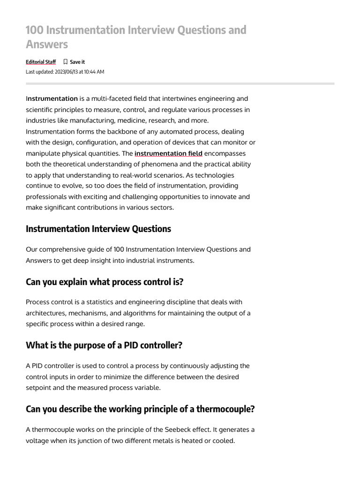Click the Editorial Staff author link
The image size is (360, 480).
pos(41,62)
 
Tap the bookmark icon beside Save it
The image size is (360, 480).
pos(66,62)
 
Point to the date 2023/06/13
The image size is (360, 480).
pos(69,72)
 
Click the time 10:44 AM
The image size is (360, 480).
pos(94,72)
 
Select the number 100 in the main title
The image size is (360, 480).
pos(34,30)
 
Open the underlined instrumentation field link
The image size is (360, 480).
pos(168,153)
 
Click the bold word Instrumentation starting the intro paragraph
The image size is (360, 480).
pos(52,98)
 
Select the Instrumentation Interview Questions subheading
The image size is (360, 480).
pos(98,229)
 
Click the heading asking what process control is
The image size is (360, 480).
pos(105,282)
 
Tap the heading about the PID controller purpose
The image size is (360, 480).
pos(104,345)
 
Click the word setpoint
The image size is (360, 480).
pos(39,387)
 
